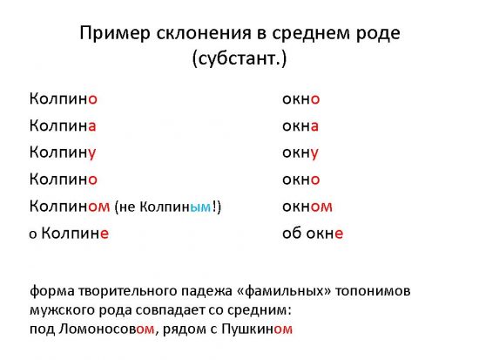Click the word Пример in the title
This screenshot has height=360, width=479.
[115, 33]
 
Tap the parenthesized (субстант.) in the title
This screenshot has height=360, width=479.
[239, 58]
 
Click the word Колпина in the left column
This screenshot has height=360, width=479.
[63, 126]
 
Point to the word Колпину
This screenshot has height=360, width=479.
[63, 153]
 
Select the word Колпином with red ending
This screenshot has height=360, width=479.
[70, 207]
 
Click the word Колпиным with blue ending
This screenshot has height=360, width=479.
[175, 207]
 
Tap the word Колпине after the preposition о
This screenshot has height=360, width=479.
[75, 234]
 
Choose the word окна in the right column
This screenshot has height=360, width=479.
[300, 126]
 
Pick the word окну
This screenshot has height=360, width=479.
[300, 153]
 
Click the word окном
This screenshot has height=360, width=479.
[307, 207]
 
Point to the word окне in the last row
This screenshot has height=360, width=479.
[325, 234]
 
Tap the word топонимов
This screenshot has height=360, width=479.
[373, 291]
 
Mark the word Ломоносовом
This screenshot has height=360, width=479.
[106, 329]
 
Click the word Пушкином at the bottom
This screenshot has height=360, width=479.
[257, 329]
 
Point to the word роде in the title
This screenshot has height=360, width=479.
[382, 34]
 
